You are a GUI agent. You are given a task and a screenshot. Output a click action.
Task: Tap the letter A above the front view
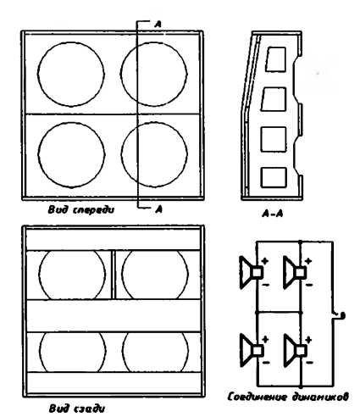(158, 25)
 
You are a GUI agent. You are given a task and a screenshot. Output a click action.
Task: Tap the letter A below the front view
(159, 208)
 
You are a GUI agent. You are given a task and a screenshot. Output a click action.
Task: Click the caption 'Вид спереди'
(81, 210)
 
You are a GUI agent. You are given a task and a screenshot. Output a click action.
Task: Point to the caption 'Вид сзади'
(77, 409)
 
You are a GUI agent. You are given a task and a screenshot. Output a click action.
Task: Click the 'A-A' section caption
(273, 214)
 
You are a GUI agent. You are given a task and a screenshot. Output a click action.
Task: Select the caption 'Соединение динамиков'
(288, 397)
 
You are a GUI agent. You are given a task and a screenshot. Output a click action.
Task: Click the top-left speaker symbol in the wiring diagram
(251, 272)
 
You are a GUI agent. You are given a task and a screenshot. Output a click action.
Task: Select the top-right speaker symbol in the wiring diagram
(295, 272)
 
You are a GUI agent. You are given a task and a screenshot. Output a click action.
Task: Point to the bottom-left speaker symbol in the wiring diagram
(252, 350)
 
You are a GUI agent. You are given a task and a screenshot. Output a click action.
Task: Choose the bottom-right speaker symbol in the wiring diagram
(296, 350)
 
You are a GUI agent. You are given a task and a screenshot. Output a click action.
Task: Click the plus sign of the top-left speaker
(265, 261)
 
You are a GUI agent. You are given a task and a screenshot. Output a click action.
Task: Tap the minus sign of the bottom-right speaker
(310, 362)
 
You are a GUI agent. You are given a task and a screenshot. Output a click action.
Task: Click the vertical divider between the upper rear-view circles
(114, 275)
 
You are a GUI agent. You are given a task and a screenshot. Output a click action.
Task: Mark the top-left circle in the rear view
(39, 274)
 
